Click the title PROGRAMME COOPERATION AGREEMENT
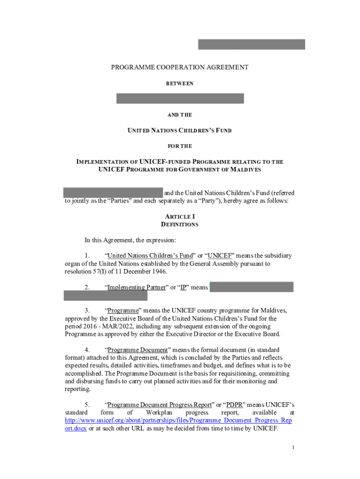[x=180, y=67]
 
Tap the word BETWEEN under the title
[x=180, y=84]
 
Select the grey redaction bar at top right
[x=252, y=44]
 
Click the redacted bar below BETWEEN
[x=180, y=99]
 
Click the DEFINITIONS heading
[x=180, y=225]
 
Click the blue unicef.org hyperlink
[x=178, y=421]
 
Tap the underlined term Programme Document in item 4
[x=137, y=350]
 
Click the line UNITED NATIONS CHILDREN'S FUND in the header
[x=180, y=131]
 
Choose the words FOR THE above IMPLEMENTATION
[x=180, y=146]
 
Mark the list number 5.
[x=87, y=405]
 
